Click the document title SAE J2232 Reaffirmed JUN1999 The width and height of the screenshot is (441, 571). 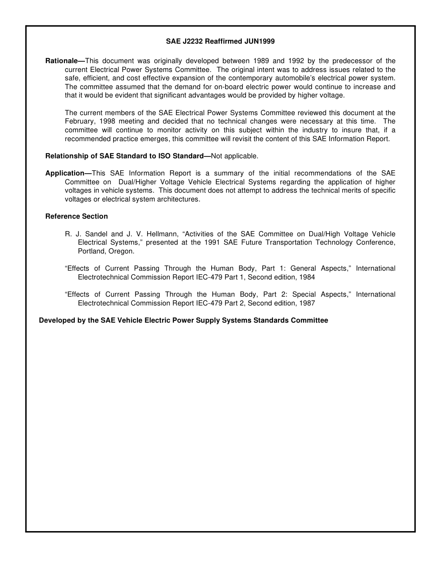(x=220, y=41)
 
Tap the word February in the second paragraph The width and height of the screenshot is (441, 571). (x=78, y=122)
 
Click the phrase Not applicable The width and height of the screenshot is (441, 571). (x=234, y=156)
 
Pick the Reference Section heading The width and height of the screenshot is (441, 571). (x=77, y=216)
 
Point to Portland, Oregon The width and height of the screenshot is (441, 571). (x=106, y=251)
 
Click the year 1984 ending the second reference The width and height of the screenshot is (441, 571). (x=307, y=277)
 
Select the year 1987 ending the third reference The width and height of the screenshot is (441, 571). (x=307, y=303)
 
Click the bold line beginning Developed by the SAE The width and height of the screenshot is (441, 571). (x=183, y=320)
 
